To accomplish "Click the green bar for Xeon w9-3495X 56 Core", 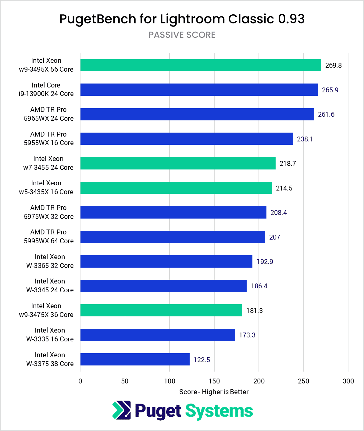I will pos(201,65).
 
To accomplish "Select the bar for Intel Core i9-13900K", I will pos(199,90).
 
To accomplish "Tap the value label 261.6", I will pos(326,114).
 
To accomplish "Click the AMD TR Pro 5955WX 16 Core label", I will pos(48,139).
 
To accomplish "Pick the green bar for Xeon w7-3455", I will pos(178,163).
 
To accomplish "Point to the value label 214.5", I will pos(284,188).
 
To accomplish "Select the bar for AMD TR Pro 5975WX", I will pos(173,212).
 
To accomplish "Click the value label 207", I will pos(274,237).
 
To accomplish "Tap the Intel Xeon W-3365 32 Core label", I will pos(50,261).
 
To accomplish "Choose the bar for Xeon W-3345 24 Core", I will pos(163,286).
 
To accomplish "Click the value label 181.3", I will pos(254,311).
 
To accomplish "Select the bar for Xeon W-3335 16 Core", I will pos(158,335).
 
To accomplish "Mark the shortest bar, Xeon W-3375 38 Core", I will pos(135,360).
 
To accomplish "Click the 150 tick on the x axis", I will pos(214,381).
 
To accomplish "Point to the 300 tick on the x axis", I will pos(348,381).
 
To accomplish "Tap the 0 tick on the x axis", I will pos(80,381).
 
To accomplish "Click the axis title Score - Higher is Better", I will pos(214,392).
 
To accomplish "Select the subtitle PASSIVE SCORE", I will pos(182,35).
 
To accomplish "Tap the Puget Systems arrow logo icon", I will pos(121,410).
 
